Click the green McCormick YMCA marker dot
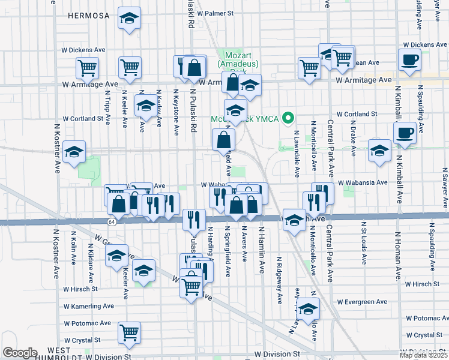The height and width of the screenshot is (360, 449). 288,118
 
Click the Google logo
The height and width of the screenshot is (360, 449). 20,353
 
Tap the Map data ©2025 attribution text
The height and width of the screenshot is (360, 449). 423,355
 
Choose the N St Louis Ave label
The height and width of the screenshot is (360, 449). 364,243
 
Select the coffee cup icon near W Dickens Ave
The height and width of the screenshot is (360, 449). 410,60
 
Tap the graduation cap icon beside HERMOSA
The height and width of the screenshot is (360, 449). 128,19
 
